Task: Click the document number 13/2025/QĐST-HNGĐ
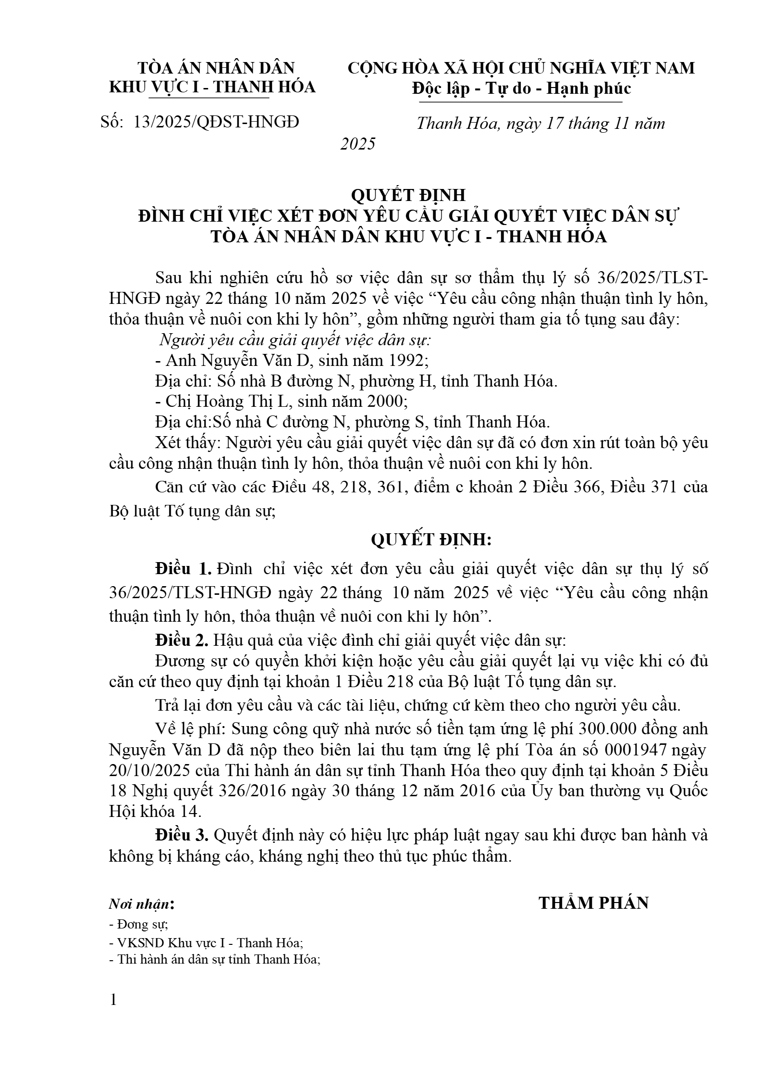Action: pos(216,122)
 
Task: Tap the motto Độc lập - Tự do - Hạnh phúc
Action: pos(521,88)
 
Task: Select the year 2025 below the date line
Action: pos(358,144)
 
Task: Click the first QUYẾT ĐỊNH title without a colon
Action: pos(408,195)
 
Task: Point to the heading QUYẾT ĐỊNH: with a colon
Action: pos(431,540)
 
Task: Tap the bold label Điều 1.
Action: pos(183,569)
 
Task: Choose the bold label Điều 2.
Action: pos(182,640)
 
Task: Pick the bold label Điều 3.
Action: pos(182,835)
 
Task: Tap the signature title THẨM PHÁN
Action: pos(593,903)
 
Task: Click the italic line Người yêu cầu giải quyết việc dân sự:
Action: pos(295,340)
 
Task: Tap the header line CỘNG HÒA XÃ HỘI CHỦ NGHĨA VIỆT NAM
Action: pos(521,68)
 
